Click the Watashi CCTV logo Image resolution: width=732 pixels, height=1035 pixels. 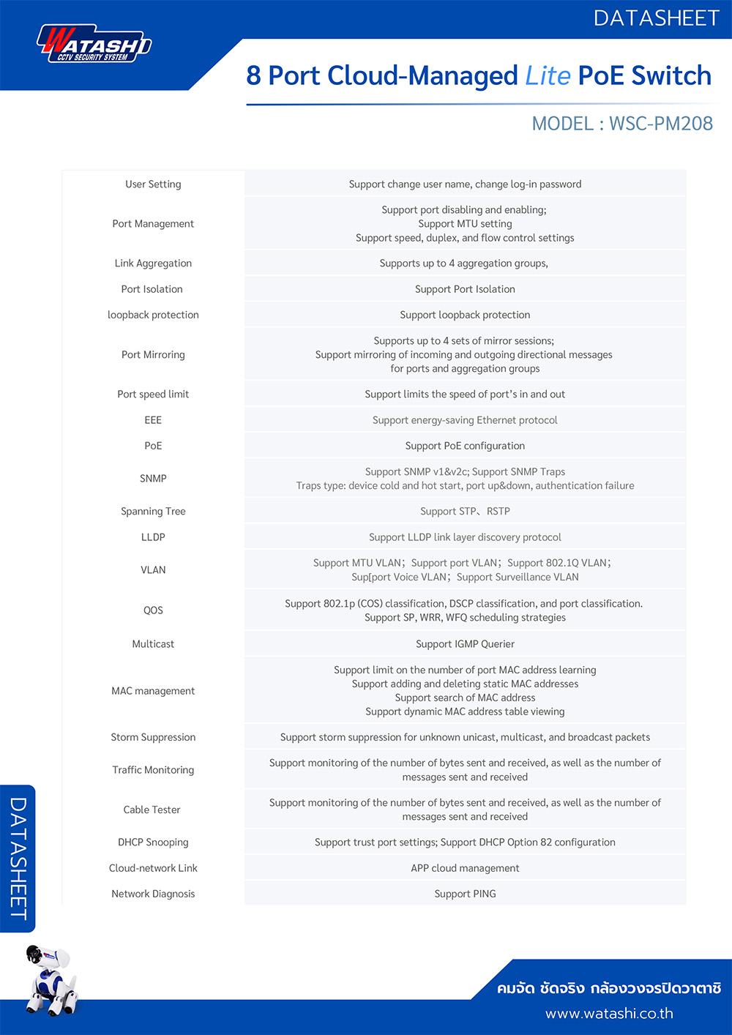click(94, 45)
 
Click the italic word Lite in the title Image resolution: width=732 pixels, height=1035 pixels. click(548, 75)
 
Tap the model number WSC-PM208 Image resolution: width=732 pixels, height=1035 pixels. click(660, 123)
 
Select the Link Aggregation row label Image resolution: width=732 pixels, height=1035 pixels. click(153, 264)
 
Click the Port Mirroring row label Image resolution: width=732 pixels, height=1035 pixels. click(153, 355)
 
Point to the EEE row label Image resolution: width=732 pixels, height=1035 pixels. click(153, 420)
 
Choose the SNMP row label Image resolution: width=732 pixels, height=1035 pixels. click(153, 479)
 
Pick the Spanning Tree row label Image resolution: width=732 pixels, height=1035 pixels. click(153, 512)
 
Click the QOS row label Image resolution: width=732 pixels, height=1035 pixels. click(153, 610)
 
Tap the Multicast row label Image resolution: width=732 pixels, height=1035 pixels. click(153, 644)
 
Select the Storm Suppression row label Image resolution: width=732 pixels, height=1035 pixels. click(153, 737)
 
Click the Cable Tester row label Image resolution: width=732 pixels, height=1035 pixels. click(152, 810)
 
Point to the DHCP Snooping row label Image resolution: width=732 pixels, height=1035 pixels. click(153, 842)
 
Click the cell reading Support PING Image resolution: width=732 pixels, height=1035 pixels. click(465, 894)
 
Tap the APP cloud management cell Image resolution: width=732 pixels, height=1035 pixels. click(465, 868)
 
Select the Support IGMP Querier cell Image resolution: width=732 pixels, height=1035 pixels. click(465, 644)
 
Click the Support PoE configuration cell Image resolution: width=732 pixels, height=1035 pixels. click(465, 446)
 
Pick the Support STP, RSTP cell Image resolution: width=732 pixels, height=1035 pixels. click(465, 512)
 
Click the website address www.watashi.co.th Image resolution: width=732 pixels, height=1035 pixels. click(609, 1014)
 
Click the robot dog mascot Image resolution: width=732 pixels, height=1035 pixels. click(50, 979)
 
